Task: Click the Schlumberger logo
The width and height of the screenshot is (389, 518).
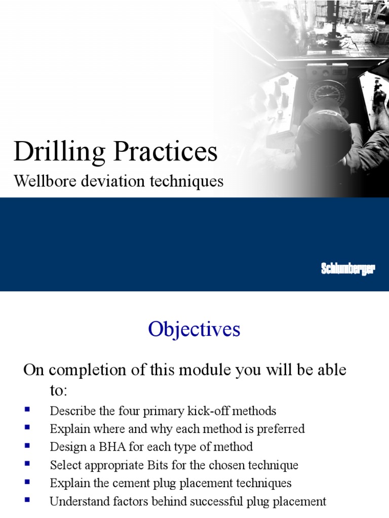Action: [x=347, y=269]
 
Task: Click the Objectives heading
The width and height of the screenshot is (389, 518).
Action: [x=194, y=330]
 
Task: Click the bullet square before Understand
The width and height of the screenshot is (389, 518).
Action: [x=27, y=500]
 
